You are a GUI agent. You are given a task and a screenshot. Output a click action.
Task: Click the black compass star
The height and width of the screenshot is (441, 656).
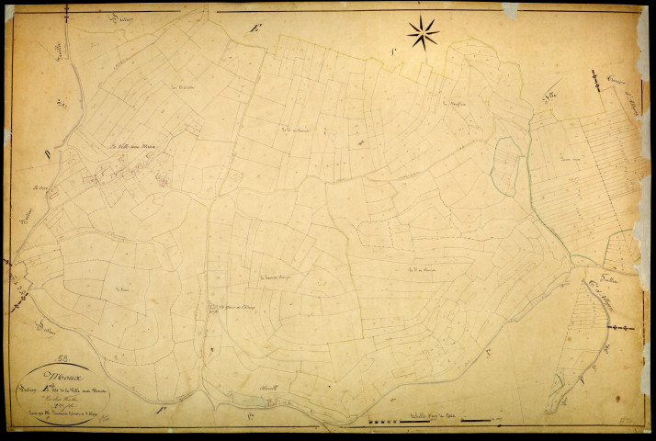(423, 32)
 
